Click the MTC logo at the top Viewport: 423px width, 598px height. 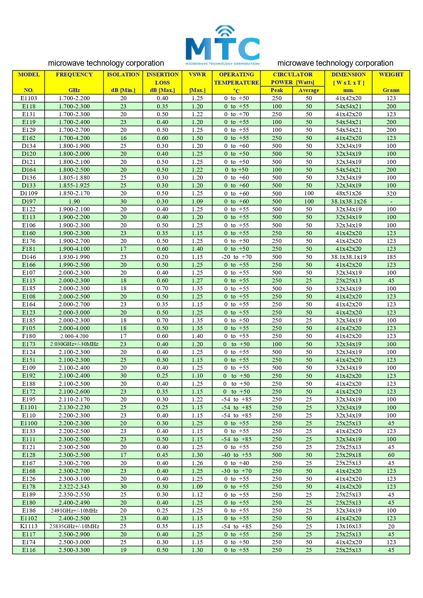click(222, 45)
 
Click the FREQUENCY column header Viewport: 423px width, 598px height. click(74, 75)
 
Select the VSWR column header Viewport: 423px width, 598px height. click(197, 75)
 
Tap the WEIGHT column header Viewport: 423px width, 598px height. click(391, 75)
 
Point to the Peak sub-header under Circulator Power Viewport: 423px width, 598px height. click(276, 90)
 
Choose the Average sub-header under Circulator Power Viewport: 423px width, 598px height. click(309, 90)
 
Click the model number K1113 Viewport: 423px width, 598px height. click(29, 526)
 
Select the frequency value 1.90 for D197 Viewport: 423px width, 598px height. click(74, 201)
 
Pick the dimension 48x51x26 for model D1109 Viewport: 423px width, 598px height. click(348, 193)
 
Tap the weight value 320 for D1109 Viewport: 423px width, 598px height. click(391, 193)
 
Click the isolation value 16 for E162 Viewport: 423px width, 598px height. click(123, 138)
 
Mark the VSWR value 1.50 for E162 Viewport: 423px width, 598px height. click(197, 138)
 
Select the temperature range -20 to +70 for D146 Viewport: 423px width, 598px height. click(236, 257)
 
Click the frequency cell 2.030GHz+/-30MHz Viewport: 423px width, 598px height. click(74, 344)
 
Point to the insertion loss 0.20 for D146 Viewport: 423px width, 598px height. click(162, 257)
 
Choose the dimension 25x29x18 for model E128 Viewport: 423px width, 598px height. click(348, 455)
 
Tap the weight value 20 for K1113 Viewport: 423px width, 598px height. click(391, 526)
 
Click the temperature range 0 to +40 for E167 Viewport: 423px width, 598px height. click(236, 463)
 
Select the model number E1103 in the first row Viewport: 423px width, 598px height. click(29, 98)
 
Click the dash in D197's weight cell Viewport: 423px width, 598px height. click(391, 202)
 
